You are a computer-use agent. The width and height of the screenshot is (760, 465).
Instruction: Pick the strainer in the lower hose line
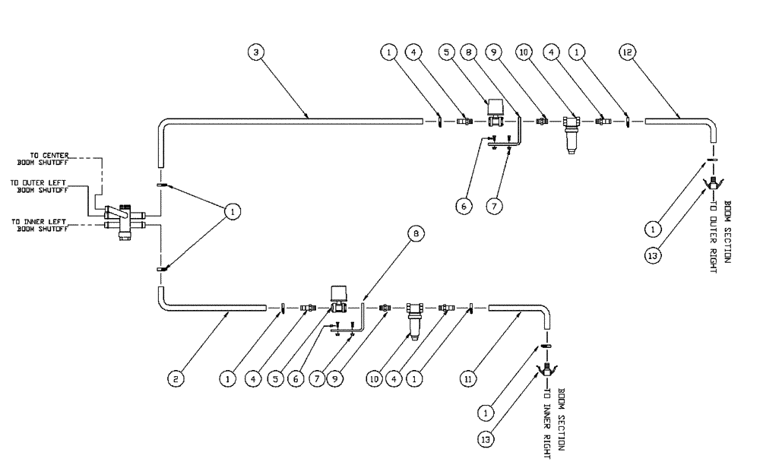click(x=414, y=317)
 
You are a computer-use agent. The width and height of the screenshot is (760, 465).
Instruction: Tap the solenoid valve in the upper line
click(x=496, y=112)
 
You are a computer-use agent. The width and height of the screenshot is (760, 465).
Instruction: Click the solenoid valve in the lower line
click(x=338, y=299)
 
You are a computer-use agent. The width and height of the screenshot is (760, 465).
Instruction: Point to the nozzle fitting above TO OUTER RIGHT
click(x=713, y=182)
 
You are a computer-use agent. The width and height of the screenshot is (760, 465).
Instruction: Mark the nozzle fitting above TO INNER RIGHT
click(x=545, y=370)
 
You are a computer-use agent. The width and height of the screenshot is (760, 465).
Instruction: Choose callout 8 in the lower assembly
click(x=415, y=236)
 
